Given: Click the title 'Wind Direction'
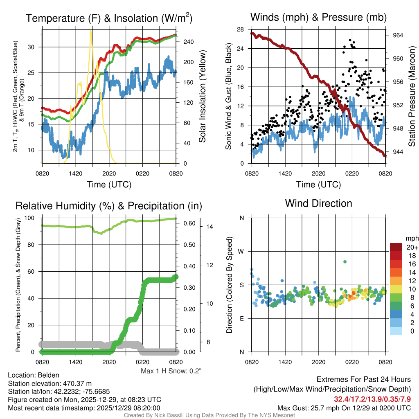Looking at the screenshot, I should (318, 203).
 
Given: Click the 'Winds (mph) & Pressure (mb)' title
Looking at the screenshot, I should (318, 18).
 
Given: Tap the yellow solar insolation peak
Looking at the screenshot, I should (91, 31).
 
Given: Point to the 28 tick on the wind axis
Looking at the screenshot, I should (241, 29).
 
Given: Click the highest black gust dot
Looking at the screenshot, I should (350, 40).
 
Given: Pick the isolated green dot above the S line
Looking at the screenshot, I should (345, 261).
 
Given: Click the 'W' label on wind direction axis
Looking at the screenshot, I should (241, 251).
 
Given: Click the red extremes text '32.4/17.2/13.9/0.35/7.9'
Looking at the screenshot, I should (372, 399).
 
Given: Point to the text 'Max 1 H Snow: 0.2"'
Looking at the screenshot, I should (171, 371).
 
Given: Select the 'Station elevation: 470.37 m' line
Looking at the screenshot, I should (42, 383).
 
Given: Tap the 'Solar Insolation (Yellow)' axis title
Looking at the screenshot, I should (203, 97).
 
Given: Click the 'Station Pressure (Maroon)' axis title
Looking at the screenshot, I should (412, 97).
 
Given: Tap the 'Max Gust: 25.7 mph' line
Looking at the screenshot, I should (344, 408).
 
